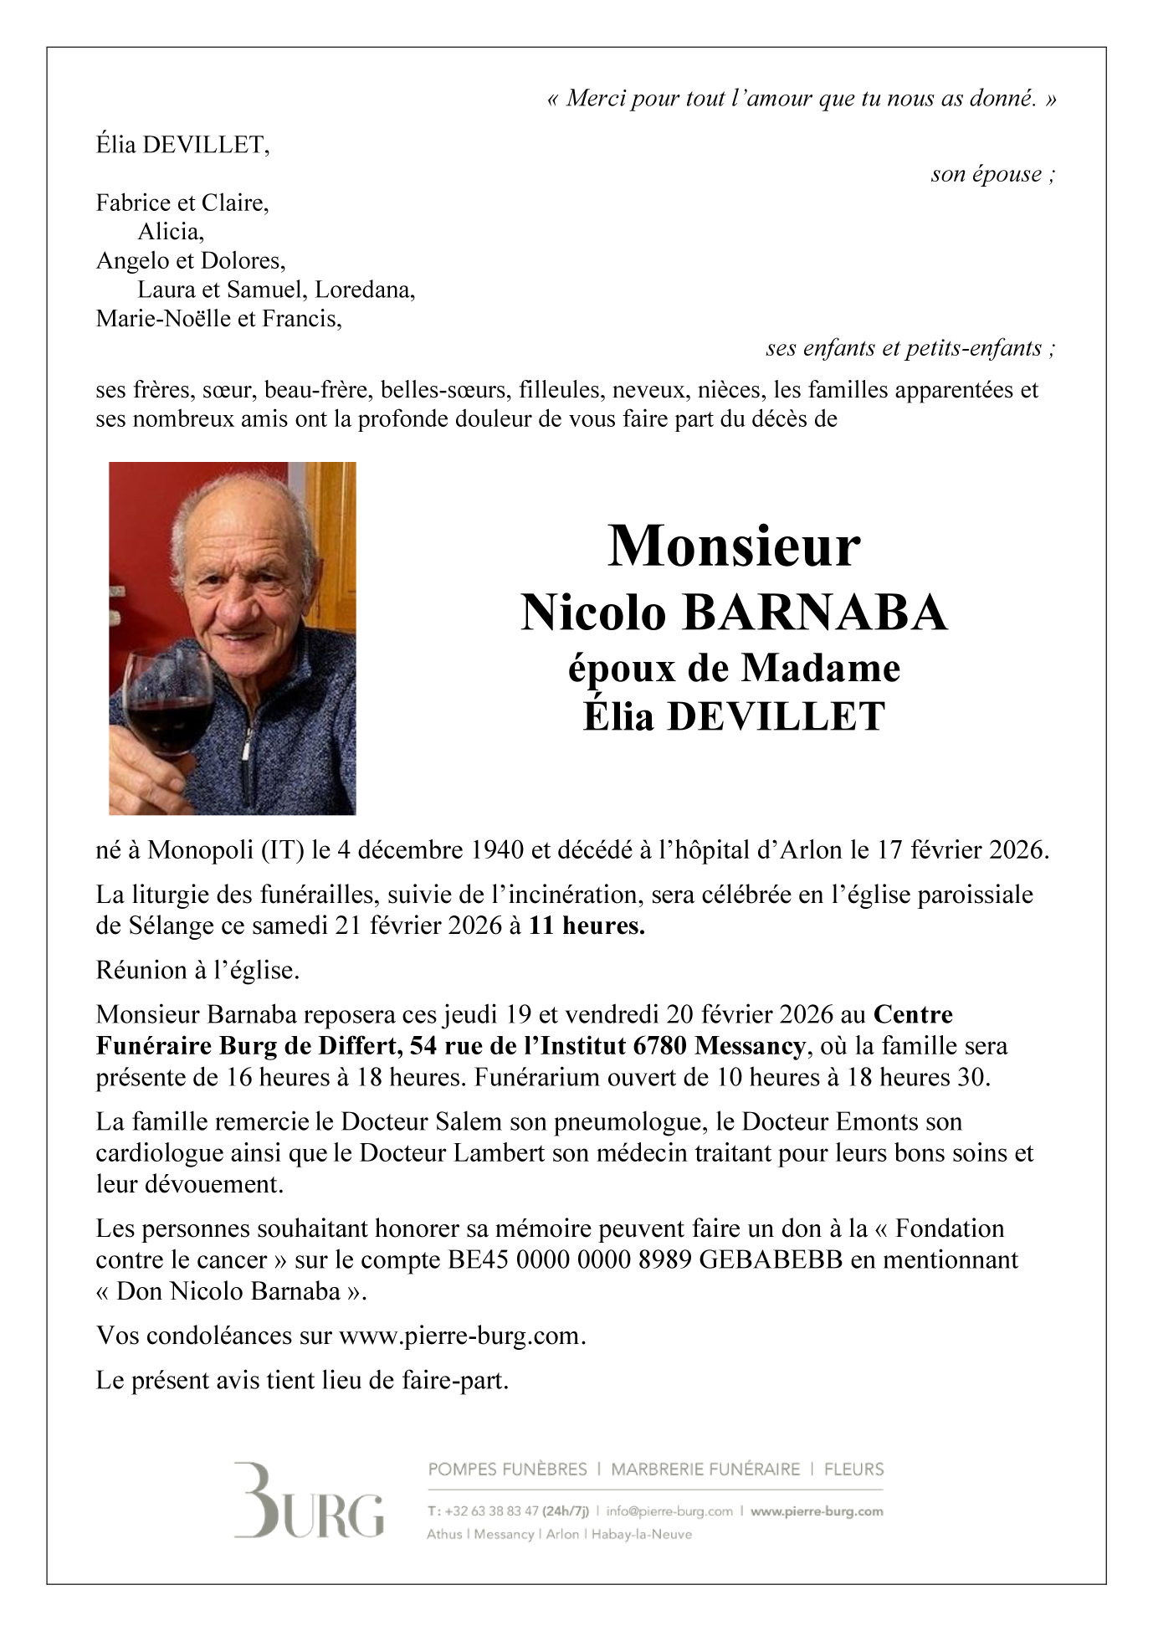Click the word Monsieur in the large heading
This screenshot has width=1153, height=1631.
click(x=733, y=547)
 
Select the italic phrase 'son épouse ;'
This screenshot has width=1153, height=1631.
click(x=992, y=174)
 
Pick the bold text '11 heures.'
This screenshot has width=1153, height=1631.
click(x=587, y=926)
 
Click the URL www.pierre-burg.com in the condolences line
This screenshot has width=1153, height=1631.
click(x=459, y=1336)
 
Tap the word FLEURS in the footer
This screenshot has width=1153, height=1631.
click(x=853, y=1469)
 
